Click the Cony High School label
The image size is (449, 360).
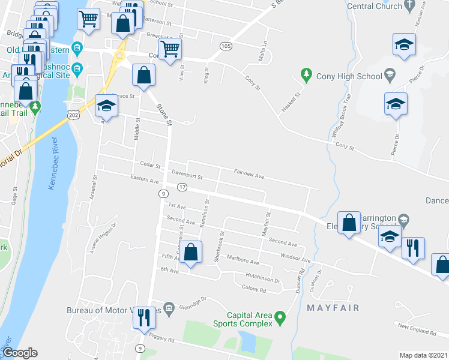[x=350, y=76]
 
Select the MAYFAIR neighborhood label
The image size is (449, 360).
[x=333, y=308]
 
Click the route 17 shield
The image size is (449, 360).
[x=182, y=188]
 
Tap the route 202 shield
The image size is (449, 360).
[x=73, y=114]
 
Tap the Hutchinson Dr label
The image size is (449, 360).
[x=263, y=279]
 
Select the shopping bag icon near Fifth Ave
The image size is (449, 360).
[x=190, y=252]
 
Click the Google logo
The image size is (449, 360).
[x=20, y=352]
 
